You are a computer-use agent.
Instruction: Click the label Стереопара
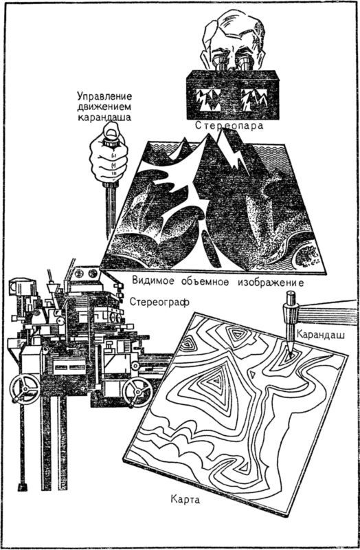229,125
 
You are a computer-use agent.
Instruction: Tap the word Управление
104,96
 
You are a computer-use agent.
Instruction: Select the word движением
104,107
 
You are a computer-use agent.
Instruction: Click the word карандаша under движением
104,117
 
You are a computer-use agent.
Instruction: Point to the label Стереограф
159,302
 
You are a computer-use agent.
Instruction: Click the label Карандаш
321,334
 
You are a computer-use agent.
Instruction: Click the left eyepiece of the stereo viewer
220,63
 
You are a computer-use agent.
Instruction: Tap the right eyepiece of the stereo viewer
243,63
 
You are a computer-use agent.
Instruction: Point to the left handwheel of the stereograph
25,388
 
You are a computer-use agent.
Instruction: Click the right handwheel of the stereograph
137,392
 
